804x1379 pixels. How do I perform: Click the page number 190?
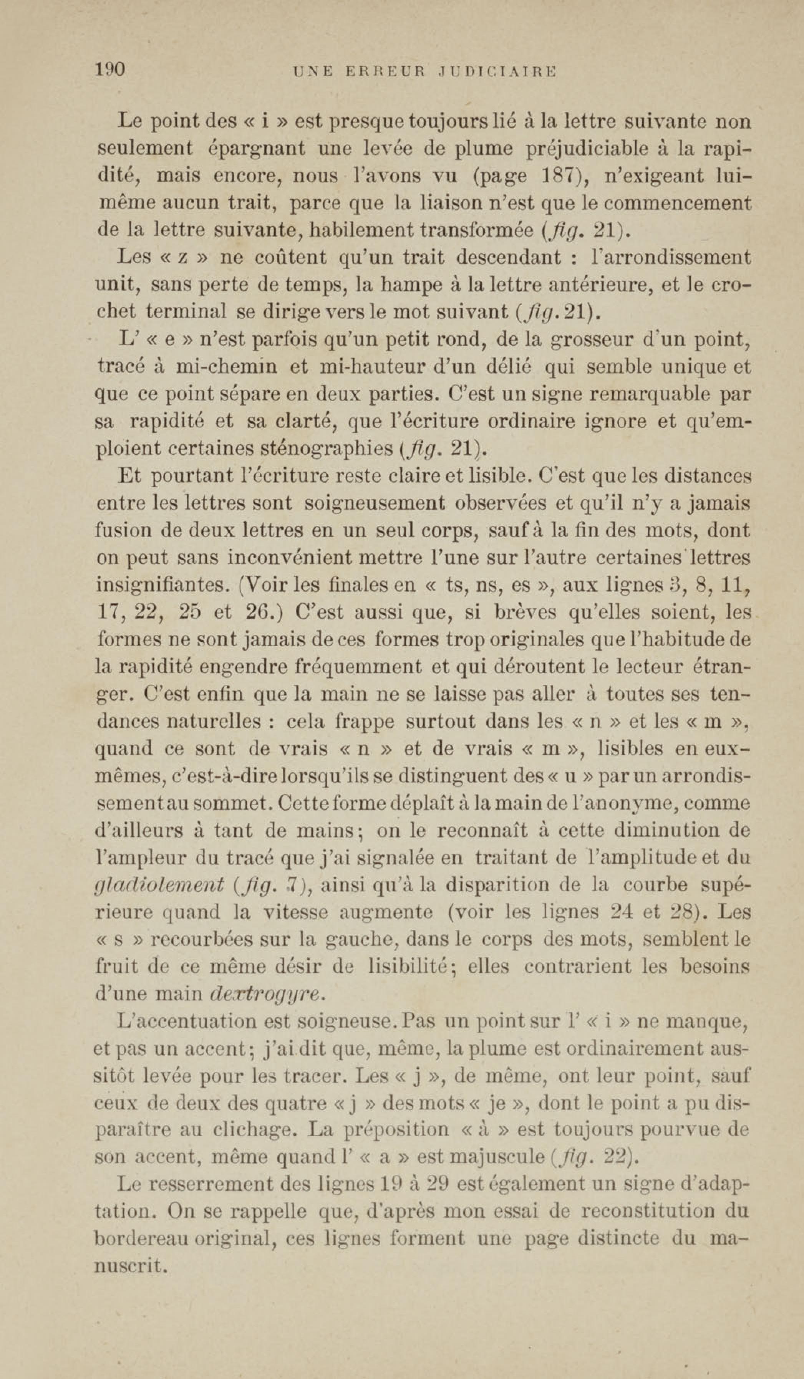coord(111,70)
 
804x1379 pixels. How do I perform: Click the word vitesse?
coord(295,912)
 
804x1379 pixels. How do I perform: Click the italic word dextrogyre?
coord(265,994)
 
